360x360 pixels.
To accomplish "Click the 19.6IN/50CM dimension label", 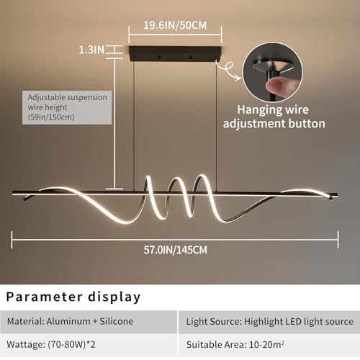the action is coord(175,25).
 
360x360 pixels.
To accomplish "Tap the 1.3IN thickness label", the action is coord(91,50).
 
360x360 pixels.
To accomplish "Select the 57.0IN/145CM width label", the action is coord(176,250).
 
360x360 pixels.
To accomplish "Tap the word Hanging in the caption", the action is coord(256,110).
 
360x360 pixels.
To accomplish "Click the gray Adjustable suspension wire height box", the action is coord(67,107).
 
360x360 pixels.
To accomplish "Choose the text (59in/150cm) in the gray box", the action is coord(51,117).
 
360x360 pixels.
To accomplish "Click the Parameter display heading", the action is coord(73,297).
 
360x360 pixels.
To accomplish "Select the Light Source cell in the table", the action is coord(269,322).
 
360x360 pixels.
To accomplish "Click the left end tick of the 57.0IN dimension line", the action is coord(12,240).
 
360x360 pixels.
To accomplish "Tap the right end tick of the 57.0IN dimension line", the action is coord(338,240).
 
